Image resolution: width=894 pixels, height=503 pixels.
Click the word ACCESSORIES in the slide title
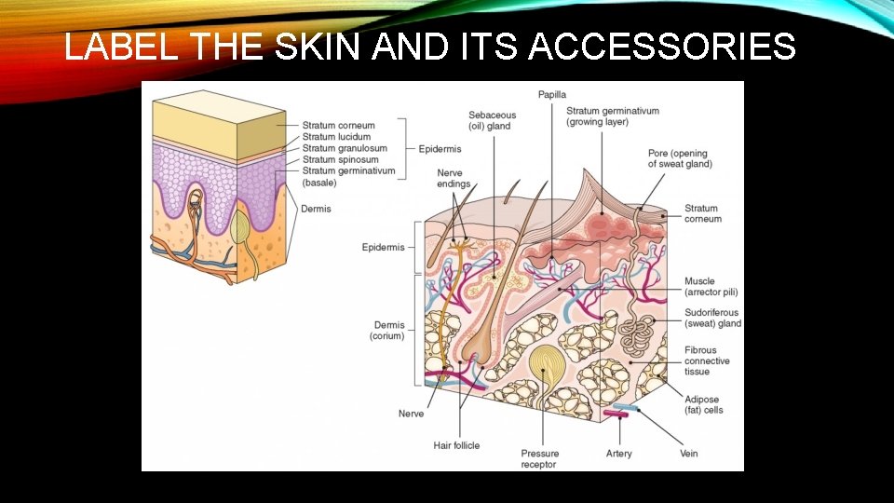(662, 46)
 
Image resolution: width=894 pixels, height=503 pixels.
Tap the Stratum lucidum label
(336, 137)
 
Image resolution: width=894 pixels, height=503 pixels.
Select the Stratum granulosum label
(345, 148)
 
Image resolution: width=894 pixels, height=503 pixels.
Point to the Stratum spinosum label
(341, 159)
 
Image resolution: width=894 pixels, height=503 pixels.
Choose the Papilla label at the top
(553, 94)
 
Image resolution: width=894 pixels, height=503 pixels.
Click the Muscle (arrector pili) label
(712, 287)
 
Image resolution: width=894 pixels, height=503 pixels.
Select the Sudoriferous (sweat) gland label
(712, 319)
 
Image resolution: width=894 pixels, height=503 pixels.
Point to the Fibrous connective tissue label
(708, 360)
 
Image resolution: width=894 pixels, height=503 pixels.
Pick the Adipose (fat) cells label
(704, 404)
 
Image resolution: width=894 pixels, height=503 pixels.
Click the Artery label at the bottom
(618, 454)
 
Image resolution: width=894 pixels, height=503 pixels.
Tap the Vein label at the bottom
(688, 454)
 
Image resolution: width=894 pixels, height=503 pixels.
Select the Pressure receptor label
(539, 459)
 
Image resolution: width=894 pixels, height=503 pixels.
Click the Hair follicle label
(456, 445)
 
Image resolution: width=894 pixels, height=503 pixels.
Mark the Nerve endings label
(454, 178)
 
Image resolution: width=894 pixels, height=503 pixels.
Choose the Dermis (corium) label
(389, 331)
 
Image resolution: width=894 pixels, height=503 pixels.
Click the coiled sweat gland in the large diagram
(641, 334)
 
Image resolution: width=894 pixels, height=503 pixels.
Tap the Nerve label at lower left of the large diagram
(411, 414)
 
